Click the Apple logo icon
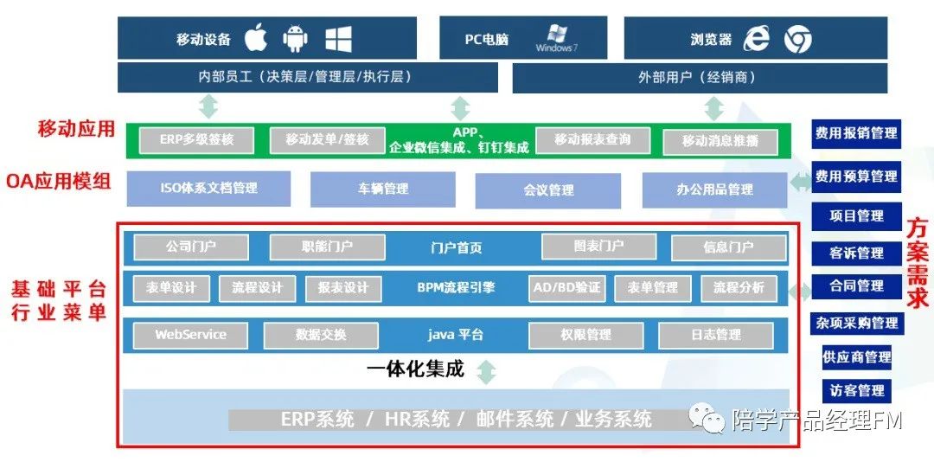[256, 38]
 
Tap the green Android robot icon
[296, 38]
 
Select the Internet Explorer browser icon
[757, 38]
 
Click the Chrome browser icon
[797, 39]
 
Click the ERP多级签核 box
[195, 140]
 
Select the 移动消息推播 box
[720, 141]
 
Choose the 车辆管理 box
[382, 189]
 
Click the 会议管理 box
[548, 190]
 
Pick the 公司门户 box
[191, 247]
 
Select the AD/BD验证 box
[566, 288]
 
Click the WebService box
[190, 335]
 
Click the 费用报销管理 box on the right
[856, 134]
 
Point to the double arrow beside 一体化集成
[487, 372]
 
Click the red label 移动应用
[76, 130]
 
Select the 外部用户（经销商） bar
[700, 77]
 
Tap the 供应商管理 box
[856, 356]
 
